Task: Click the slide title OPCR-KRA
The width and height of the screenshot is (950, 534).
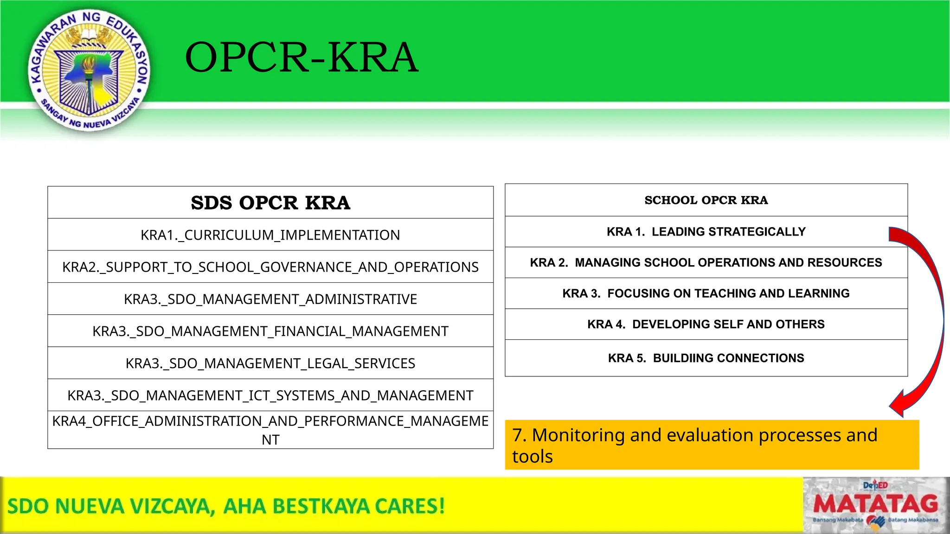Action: coord(302,57)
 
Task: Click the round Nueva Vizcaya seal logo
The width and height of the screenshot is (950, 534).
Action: coord(89,70)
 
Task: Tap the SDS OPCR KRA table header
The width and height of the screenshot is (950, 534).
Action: coord(270,203)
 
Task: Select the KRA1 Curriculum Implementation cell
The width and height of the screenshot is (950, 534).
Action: coord(270,235)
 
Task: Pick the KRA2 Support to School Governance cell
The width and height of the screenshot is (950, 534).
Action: coord(270,267)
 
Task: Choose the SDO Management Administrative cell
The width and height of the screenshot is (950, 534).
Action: coord(270,299)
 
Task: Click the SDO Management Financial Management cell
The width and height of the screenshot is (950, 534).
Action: coord(270,331)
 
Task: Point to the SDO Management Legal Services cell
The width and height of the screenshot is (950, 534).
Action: coord(270,363)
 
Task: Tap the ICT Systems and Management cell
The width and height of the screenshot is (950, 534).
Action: coord(270,395)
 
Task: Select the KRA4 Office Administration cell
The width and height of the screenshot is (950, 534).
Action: coord(270,430)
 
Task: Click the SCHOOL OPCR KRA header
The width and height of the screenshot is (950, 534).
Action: coord(706,200)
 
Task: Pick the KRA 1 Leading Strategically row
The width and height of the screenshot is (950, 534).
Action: coord(706,232)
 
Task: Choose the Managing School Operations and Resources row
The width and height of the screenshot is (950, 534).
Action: coord(706,262)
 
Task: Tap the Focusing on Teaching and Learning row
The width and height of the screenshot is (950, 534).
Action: coord(706,293)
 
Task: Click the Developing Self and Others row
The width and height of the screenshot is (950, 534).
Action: coord(706,324)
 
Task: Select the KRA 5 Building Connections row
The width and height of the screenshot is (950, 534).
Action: coord(706,358)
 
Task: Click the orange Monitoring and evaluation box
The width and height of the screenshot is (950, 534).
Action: coord(712,445)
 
